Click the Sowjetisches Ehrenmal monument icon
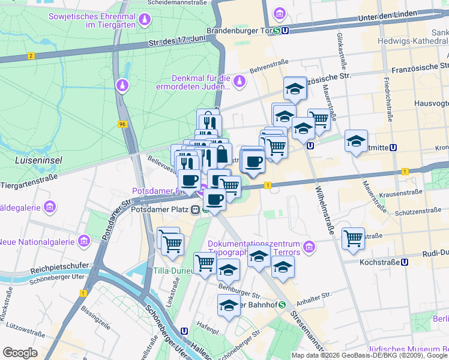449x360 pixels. (x=145, y=22)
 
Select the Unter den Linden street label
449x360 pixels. (x=382, y=19)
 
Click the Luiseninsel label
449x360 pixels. (x=35, y=160)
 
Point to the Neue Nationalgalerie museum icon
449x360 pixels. (x=83, y=241)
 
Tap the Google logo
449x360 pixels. (x=20, y=352)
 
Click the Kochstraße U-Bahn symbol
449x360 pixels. (x=405, y=262)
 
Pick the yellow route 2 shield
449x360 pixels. (x=31, y=56)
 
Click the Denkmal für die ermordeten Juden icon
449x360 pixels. (x=240, y=80)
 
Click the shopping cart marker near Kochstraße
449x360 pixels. (x=353, y=238)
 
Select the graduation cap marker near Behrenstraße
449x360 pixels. (x=295, y=89)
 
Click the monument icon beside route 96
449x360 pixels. (x=122, y=86)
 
